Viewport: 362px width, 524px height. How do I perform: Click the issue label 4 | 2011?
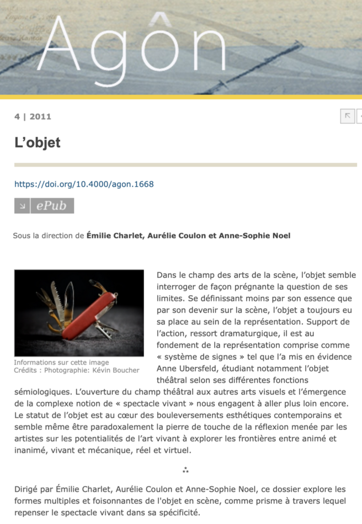(x=33, y=116)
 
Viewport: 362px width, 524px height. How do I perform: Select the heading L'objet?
(x=37, y=142)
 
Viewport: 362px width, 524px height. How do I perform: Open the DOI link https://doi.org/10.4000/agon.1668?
(x=84, y=184)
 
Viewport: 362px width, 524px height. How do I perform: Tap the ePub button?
(x=51, y=206)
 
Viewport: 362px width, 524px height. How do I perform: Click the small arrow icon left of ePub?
(x=22, y=206)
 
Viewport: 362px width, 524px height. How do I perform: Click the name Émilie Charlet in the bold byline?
(x=113, y=236)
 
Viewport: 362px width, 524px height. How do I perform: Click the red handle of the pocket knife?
(x=88, y=317)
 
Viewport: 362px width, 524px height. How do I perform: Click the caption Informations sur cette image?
(x=54, y=362)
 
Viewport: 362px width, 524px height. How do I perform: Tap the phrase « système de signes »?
(x=192, y=357)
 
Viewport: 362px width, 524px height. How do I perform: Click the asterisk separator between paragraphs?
(x=186, y=470)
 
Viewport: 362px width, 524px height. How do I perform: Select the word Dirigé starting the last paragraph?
(x=28, y=489)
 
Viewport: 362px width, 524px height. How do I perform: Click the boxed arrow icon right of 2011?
(x=347, y=116)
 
